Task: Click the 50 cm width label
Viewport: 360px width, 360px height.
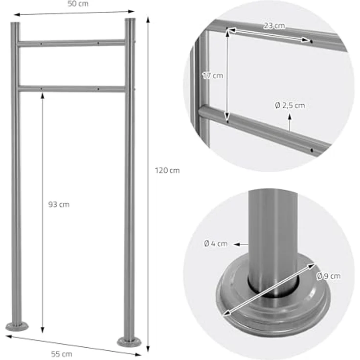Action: pyautogui.click(x=78, y=3)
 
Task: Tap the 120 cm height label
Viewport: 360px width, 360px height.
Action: pyautogui.click(x=167, y=170)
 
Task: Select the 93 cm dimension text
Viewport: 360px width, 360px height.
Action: pyautogui.click(x=59, y=204)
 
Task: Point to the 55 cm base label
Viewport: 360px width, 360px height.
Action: pyautogui.click(x=62, y=354)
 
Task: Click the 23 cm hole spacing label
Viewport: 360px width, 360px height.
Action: pyautogui.click(x=274, y=26)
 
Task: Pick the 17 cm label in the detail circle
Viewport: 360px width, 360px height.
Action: pyautogui.click(x=213, y=75)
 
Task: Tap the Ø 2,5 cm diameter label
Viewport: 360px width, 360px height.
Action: pyautogui.click(x=290, y=105)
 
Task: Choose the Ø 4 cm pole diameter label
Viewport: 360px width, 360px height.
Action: pyautogui.click(x=216, y=244)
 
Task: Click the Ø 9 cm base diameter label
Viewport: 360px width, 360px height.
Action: pyautogui.click(x=329, y=276)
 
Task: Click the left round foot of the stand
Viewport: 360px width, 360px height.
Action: pyautogui.click(x=17, y=326)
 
